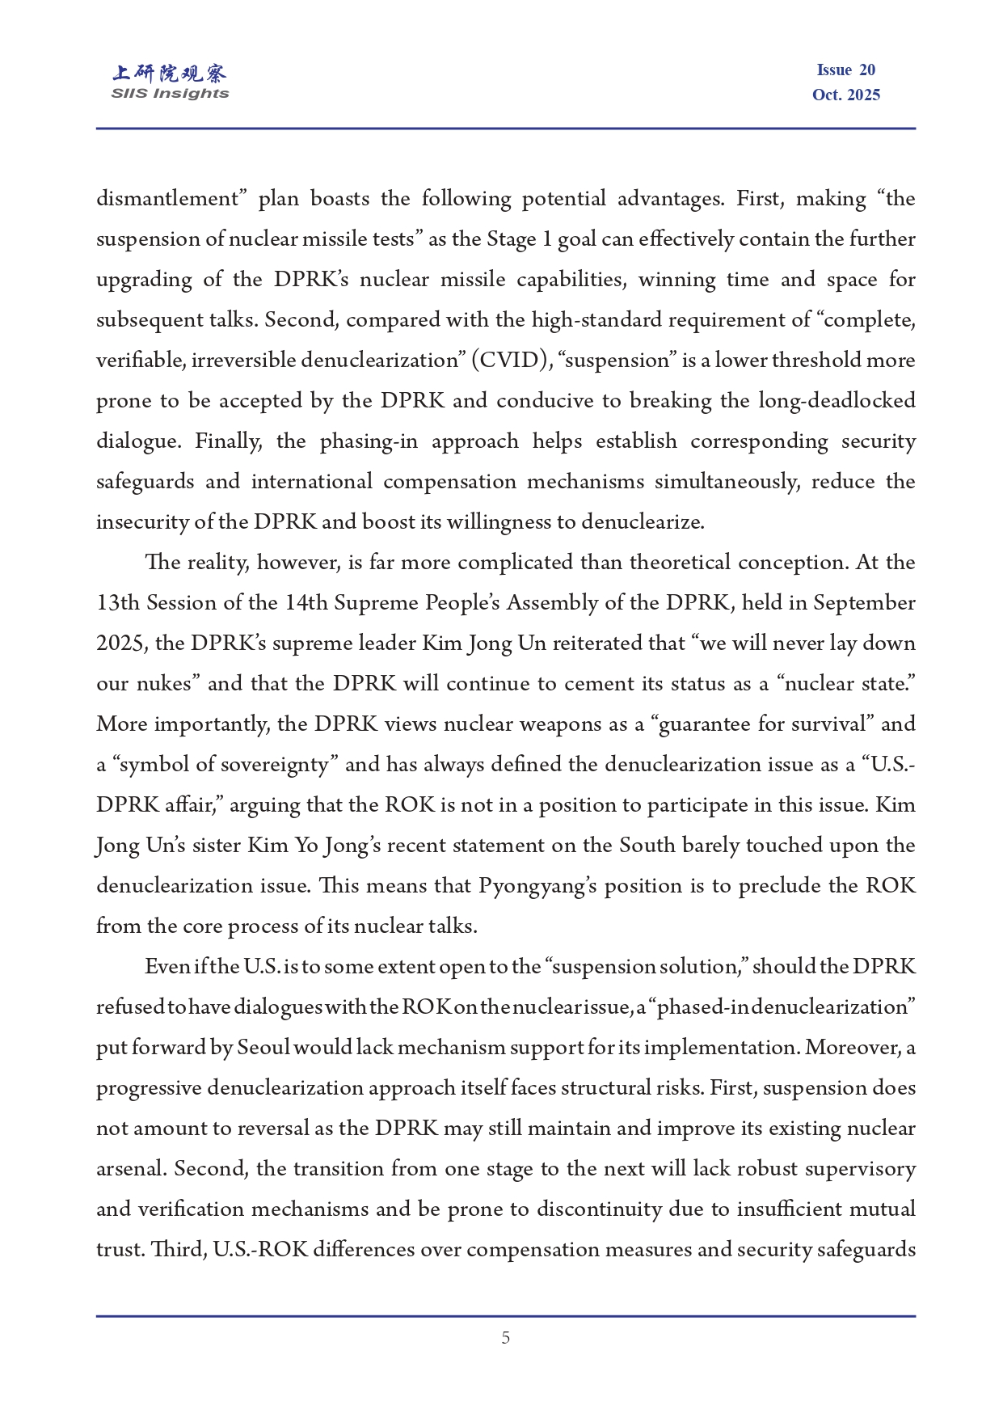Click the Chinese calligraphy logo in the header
[170, 74]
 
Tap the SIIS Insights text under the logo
[170, 94]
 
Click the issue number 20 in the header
[867, 70]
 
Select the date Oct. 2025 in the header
[846, 95]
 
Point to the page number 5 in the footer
[506, 1338]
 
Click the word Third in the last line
[177, 1250]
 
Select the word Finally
[228, 441]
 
